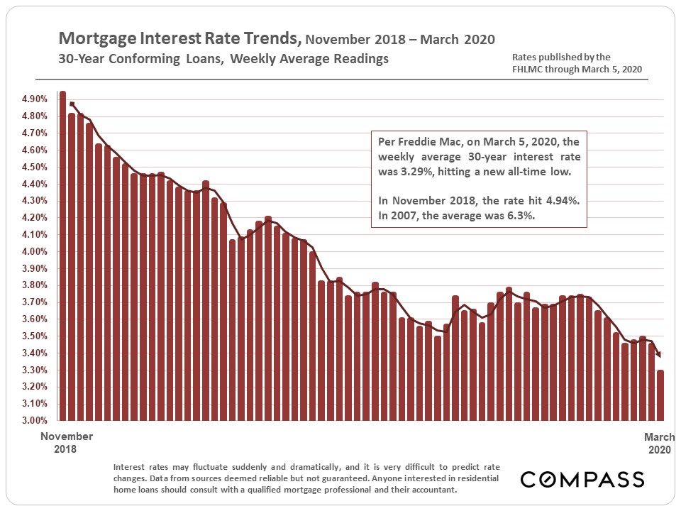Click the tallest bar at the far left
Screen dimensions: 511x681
62,255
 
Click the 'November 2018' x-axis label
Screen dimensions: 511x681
66,443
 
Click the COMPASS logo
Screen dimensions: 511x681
582,480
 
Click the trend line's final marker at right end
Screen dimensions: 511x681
659,354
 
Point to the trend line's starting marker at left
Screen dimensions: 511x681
72,104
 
